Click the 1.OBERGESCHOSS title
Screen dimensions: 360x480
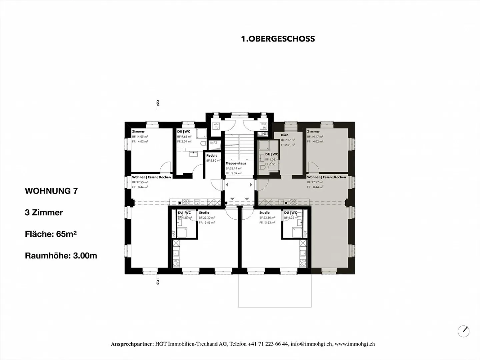point(278,39)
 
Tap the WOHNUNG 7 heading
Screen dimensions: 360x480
point(51,191)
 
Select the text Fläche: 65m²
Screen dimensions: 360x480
point(51,234)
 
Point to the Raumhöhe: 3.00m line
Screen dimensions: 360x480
point(61,256)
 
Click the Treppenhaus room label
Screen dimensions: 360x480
point(236,164)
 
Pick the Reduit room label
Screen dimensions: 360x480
point(211,156)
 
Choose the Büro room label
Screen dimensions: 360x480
point(285,135)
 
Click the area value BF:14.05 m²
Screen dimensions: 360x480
point(140,137)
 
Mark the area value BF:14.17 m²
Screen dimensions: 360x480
point(315,137)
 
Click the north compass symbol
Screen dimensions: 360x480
point(463,331)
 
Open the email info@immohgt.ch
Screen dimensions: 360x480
point(311,344)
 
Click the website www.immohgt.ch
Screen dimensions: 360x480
point(355,344)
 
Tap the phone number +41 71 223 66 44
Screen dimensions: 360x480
point(268,344)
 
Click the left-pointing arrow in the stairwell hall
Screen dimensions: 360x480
point(227,185)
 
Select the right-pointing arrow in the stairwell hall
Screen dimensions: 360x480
point(251,185)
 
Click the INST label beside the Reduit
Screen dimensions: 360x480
point(214,143)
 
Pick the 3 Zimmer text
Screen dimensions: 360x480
point(44,213)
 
